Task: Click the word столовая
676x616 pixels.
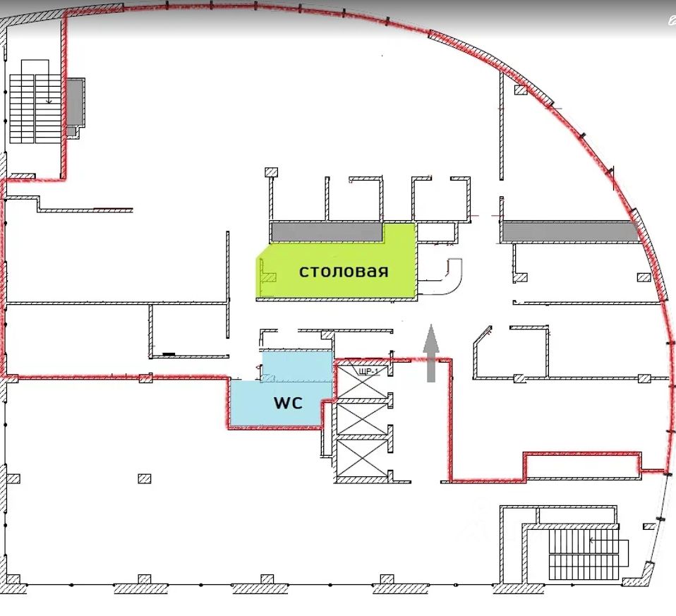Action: [x=344, y=272]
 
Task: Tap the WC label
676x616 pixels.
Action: [x=288, y=403]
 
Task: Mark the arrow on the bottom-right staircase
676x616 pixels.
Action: [x=593, y=540]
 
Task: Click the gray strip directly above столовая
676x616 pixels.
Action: [x=327, y=231]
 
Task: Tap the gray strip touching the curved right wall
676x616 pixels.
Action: [x=572, y=231]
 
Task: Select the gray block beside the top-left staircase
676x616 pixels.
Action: [x=75, y=102]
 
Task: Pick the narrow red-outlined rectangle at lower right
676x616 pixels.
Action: [x=582, y=464]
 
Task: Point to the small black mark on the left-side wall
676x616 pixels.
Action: [x=168, y=353]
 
